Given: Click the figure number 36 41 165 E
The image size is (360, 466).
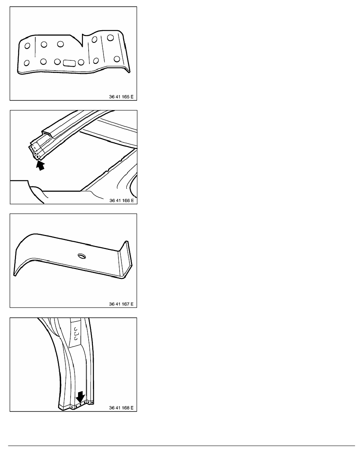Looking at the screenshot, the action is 121,96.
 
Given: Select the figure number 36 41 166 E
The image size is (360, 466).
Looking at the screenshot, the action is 122,200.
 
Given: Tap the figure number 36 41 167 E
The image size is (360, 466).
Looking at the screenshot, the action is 121,304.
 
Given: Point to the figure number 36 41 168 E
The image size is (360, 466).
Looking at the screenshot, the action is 121,408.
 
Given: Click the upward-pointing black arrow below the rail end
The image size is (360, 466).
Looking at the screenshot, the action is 40,165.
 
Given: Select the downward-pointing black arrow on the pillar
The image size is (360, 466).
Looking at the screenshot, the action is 80,396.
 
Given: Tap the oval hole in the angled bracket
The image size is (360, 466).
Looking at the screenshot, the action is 81,255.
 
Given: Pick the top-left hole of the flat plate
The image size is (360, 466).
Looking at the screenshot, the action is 27,46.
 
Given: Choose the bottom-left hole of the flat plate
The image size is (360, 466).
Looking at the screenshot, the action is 26,63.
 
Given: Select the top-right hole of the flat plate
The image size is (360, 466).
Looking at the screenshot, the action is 111,38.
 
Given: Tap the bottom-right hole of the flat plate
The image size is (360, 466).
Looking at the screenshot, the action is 117,59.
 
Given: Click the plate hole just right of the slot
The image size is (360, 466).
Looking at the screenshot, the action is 81,62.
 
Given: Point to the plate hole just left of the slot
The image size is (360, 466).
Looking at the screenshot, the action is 57,62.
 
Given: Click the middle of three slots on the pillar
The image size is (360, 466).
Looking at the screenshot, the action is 76,333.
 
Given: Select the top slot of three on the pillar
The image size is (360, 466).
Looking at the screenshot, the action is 76,329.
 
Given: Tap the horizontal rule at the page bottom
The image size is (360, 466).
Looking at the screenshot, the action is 182,446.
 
